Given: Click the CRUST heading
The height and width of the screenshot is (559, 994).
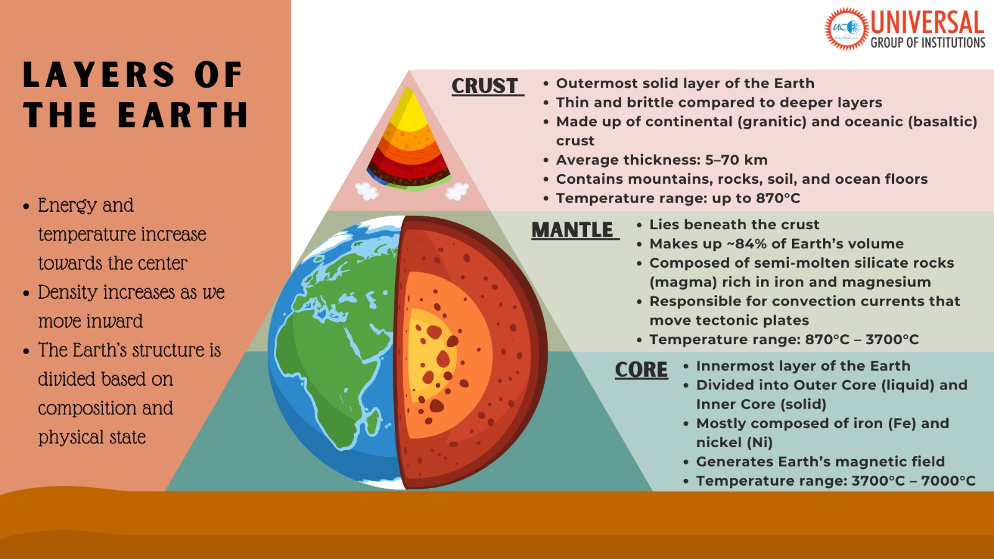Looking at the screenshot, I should [485, 86].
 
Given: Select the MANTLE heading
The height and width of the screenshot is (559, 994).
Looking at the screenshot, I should [572, 230].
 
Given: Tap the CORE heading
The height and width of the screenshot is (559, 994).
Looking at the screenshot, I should [641, 370].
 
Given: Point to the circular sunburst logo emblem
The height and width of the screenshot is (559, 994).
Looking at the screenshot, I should [846, 28].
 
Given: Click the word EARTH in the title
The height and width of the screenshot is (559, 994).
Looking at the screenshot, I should [183, 116].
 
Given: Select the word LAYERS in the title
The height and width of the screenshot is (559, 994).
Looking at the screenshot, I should [99, 75].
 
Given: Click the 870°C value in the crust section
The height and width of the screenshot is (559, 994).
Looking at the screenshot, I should [778, 199].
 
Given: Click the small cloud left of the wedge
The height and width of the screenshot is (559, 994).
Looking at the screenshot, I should [367, 191].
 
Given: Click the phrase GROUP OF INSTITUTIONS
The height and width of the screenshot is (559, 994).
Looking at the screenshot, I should [928, 43].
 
